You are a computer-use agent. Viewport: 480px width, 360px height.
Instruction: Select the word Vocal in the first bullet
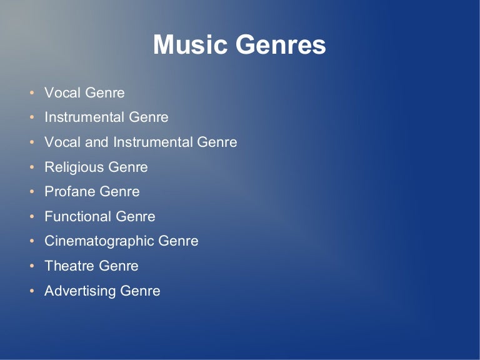(x=62, y=93)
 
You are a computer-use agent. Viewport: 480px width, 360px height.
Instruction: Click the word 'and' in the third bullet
(x=96, y=142)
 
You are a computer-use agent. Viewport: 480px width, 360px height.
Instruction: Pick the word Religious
(x=74, y=167)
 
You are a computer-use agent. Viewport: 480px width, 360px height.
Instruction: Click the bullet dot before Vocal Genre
(x=32, y=94)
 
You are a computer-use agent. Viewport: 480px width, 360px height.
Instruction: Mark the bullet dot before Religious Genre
(x=32, y=168)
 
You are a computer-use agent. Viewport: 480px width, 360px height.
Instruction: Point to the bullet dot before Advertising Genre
(x=32, y=292)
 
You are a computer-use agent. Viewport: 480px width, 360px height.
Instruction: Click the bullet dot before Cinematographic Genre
(x=32, y=242)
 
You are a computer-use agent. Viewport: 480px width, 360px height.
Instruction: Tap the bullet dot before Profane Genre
(x=32, y=192)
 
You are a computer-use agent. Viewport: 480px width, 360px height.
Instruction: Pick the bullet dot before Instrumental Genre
(x=32, y=118)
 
